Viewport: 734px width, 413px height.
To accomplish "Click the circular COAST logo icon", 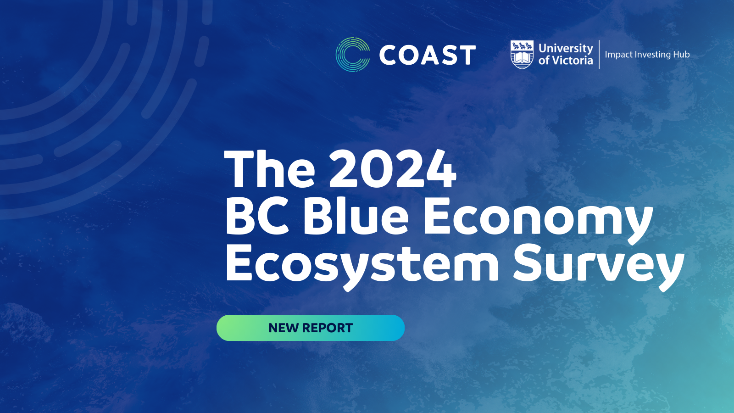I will (352, 55).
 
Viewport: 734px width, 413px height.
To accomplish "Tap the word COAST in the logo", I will (427, 56).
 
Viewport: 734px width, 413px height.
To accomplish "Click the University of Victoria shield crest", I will (522, 54).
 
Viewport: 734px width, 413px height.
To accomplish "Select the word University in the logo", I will (566, 48).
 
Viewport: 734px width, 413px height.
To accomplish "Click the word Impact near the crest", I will (618, 55).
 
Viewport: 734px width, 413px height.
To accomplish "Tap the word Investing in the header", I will (652, 55).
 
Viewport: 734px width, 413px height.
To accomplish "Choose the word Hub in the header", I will (681, 55).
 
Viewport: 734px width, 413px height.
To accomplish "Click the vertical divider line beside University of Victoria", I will (599, 54).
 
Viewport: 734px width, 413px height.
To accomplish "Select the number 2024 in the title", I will (393, 169).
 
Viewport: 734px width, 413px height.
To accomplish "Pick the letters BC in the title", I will (257, 216).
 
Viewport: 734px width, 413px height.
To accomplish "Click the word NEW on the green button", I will (284, 328).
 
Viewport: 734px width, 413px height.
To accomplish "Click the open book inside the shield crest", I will (522, 57).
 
